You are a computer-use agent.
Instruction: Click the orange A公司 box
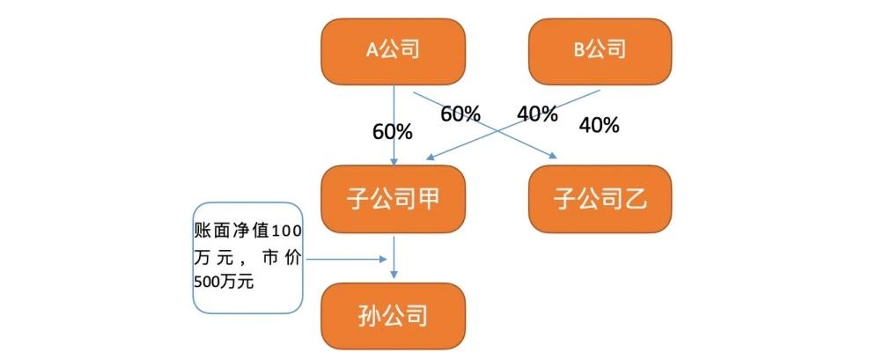pyautogui.click(x=393, y=52)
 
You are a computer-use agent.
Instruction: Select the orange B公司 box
pyautogui.click(x=600, y=52)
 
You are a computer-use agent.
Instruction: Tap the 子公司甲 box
pyautogui.click(x=393, y=199)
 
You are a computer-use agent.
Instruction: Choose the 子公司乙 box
pyautogui.click(x=600, y=199)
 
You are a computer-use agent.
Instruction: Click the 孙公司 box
pyautogui.click(x=393, y=316)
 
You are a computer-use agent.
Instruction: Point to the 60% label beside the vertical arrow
pyautogui.click(x=393, y=132)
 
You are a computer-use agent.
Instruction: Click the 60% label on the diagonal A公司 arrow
pyautogui.click(x=460, y=114)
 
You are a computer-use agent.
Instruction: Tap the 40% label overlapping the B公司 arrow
pyautogui.click(x=537, y=114)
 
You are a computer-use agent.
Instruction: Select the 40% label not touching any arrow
pyautogui.click(x=600, y=125)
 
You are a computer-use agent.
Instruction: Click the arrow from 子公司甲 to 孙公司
pyautogui.click(x=394, y=258)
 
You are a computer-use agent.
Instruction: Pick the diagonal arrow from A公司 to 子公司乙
pyautogui.click(x=485, y=124)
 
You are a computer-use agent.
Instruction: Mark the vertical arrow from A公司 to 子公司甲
pyautogui.click(x=394, y=126)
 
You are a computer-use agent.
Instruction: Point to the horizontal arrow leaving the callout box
pyautogui.click(x=346, y=259)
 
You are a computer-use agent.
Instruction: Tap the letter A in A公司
pyautogui.click(x=372, y=51)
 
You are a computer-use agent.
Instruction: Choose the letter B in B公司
pyautogui.click(x=579, y=51)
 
